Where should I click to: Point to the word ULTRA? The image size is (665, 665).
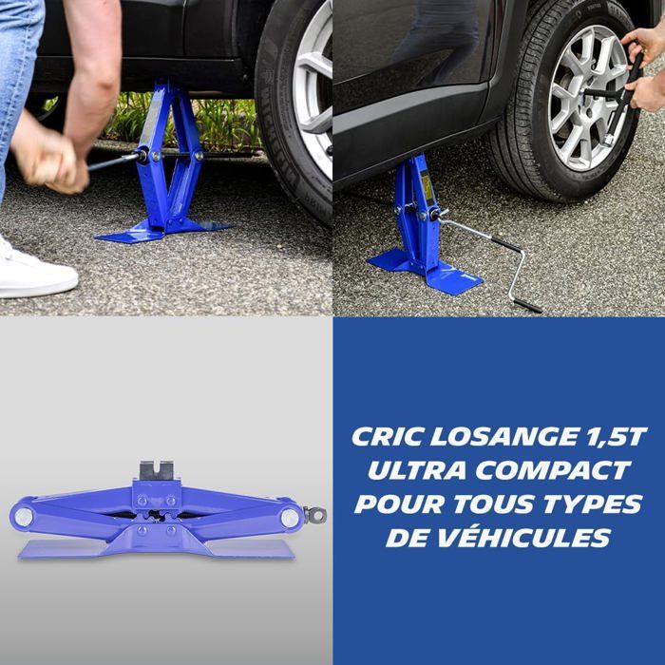(x=409, y=470)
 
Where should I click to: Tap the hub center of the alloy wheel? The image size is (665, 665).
(x=590, y=95)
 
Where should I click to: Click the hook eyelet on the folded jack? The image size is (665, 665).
(x=315, y=515)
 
